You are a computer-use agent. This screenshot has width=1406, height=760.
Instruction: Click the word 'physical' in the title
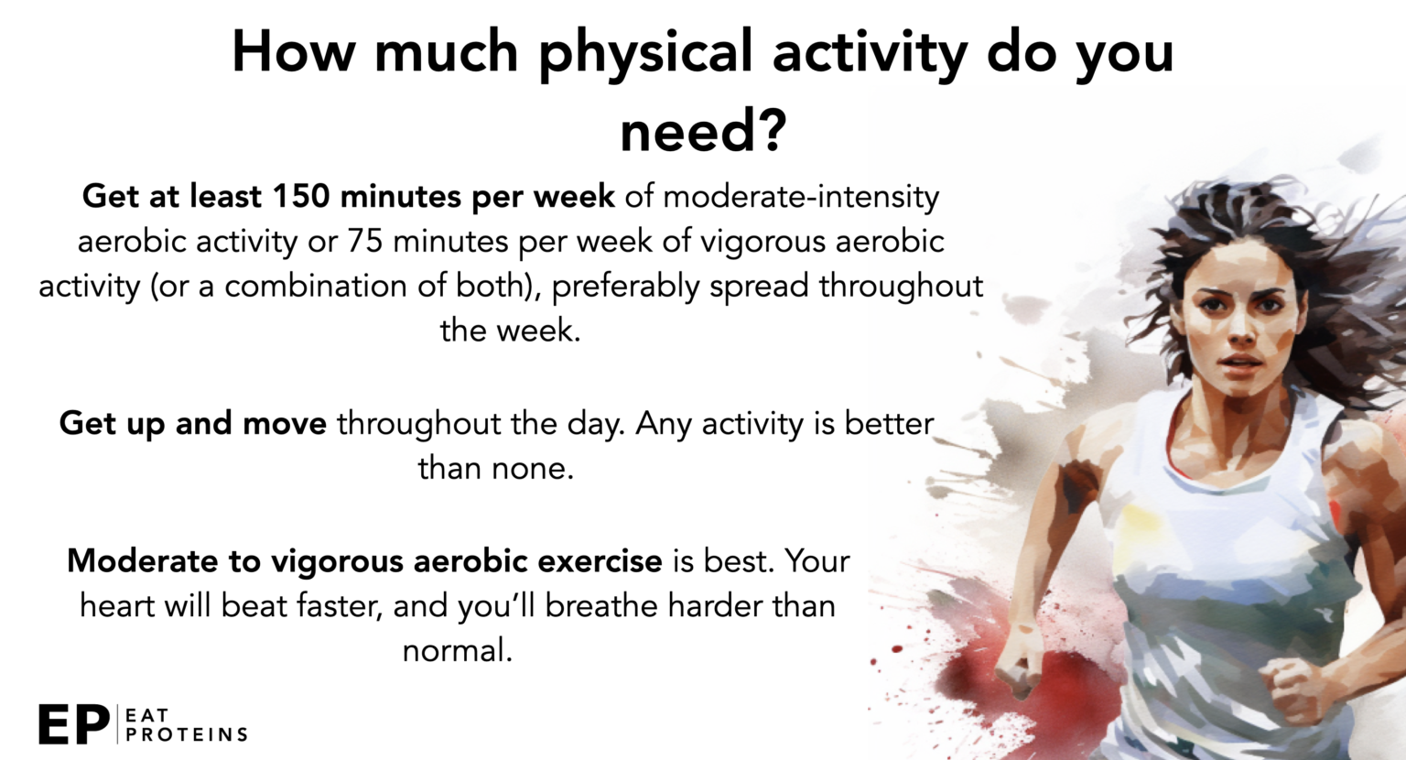pos(646,55)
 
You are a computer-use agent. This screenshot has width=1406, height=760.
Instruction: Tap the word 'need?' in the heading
pos(703,132)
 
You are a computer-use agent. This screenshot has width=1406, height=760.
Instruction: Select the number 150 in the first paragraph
pos(300,196)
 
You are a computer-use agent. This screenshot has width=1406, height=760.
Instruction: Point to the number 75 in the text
pos(365,241)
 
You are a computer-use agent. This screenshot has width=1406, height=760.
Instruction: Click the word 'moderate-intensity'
pos(801,196)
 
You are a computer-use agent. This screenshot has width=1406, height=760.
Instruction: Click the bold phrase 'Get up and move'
pos(193,424)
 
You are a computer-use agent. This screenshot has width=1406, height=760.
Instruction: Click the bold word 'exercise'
pos(600,561)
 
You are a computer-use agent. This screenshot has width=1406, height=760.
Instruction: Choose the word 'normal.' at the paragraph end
pos(458,651)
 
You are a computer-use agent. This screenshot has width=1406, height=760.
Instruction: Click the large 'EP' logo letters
pos(74,724)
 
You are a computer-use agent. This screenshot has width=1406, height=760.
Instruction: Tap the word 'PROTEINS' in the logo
pos(187,735)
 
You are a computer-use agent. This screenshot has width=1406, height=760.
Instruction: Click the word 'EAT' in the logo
pos(146,715)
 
